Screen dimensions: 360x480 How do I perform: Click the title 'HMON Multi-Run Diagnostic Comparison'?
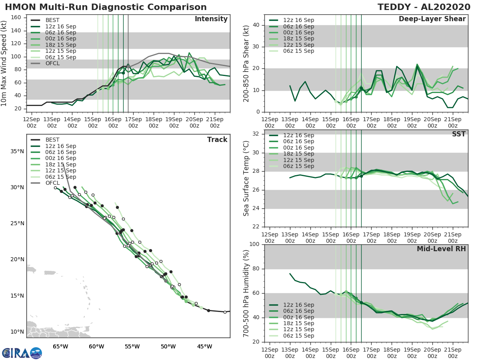tap(106, 7)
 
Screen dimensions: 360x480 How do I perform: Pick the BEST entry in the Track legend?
tap(53, 140)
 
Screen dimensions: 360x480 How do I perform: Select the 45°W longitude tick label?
tap(204, 346)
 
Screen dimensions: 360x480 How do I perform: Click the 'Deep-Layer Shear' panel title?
tap(432, 19)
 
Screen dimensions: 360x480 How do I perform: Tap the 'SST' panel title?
tap(458, 134)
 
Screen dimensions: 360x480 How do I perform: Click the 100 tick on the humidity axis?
tap(255, 244)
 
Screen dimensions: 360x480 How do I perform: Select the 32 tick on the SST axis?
tap(256, 134)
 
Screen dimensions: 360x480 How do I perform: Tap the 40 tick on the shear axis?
tap(256, 25)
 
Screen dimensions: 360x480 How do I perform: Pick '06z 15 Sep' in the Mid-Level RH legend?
tap(298, 336)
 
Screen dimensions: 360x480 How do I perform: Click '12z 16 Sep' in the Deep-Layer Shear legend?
tap(298, 20)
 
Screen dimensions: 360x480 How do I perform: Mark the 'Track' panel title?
tap(217, 140)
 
